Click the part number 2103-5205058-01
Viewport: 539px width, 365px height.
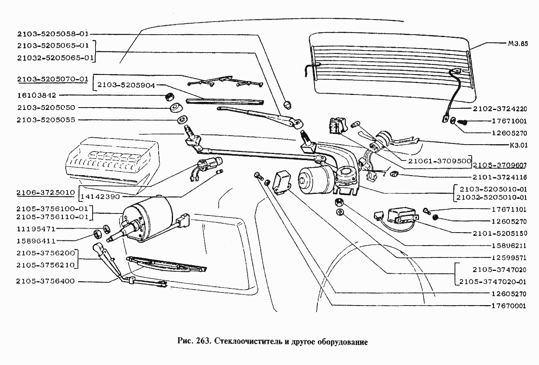coord(53,34)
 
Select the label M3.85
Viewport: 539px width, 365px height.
coord(518,44)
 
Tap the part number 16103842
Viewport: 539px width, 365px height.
coord(37,95)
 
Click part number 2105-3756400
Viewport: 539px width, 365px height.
coord(46,281)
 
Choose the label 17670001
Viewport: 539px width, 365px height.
coord(509,306)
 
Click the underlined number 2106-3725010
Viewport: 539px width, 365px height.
coord(46,192)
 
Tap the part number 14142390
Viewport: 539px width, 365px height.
coord(100,196)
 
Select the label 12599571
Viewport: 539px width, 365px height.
coord(509,257)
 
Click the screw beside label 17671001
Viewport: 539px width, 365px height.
coord(464,121)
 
